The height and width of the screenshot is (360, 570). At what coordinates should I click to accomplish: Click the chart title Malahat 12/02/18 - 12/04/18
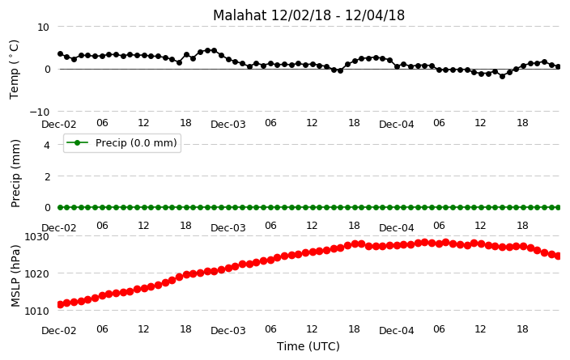click(x=308, y=15)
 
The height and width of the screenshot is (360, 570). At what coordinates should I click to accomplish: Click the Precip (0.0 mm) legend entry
click(x=122, y=143)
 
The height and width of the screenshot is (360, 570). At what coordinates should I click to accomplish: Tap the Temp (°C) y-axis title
click(x=14, y=70)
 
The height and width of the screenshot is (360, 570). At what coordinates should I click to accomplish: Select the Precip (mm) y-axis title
click(x=15, y=174)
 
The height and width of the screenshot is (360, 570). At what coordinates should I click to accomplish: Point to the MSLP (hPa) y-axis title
click(x=15, y=276)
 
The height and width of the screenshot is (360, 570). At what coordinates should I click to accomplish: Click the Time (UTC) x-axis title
click(x=308, y=346)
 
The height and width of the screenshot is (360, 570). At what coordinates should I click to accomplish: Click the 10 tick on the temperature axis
click(x=43, y=28)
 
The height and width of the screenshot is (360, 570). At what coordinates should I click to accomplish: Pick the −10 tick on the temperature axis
click(x=39, y=112)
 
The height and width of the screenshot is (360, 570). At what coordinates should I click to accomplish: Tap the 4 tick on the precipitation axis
click(x=47, y=146)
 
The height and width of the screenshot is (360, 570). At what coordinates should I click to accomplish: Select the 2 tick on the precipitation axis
click(x=47, y=176)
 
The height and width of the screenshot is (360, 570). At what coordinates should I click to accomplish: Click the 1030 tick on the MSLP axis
click(x=36, y=237)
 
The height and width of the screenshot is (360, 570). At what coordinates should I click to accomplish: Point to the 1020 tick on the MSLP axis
click(x=36, y=274)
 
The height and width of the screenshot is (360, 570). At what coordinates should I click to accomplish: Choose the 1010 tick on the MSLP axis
click(x=36, y=311)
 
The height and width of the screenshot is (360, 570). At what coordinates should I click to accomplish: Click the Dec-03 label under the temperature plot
click(x=228, y=125)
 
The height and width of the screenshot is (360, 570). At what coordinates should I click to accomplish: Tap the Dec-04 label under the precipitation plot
click(x=396, y=228)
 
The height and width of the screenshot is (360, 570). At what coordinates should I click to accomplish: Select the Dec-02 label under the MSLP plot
click(x=59, y=331)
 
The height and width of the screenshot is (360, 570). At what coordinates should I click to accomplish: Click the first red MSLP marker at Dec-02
click(x=61, y=304)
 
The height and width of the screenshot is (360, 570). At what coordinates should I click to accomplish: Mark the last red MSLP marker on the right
click(x=559, y=256)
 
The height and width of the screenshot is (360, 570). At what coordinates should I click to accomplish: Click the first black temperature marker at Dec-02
click(x=61, y=53)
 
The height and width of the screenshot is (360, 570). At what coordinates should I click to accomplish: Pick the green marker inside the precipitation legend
click(x=77, y=142)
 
